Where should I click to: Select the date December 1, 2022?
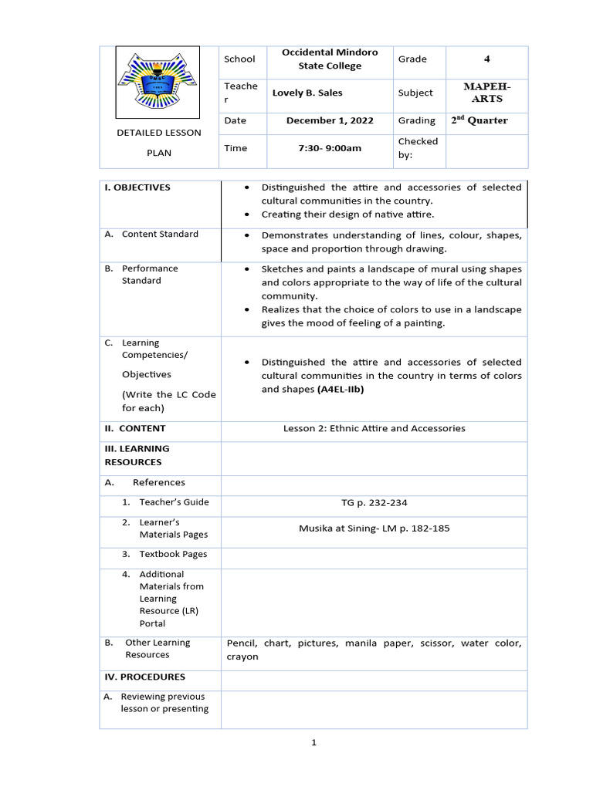(330, 121)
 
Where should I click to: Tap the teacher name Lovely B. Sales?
(307, 93)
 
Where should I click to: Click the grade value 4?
(486, 59)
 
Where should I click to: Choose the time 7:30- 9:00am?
(330, 148)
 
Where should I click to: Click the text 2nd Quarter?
(479, 120)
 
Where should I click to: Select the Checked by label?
(418, 148)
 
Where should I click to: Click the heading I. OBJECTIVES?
(137, 187)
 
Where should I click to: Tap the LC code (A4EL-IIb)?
(340, 390)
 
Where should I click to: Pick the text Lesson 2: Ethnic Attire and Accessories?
(374, 428)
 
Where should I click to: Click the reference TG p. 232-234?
(374, 503)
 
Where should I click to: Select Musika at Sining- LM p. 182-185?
(374, 528)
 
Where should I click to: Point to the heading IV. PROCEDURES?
(144, 677)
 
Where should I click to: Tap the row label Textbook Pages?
(173, 554)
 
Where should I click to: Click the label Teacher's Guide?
(174, 502)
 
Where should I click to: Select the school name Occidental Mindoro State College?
(330, 59)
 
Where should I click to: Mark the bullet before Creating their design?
(246, 214)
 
